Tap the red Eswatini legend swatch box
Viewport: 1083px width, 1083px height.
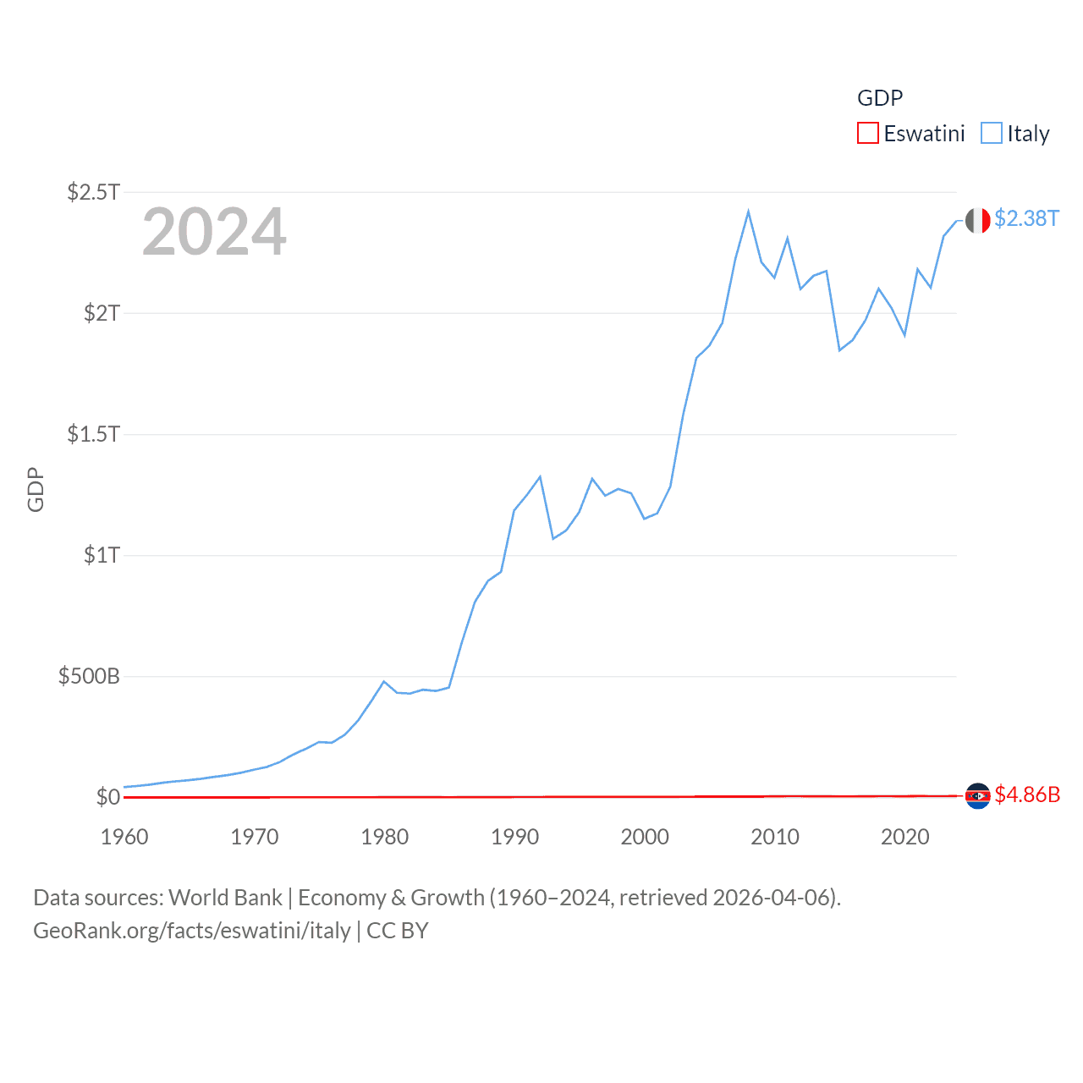868,134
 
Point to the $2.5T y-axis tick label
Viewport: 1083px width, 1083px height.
93,192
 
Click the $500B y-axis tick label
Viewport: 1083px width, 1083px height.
89,676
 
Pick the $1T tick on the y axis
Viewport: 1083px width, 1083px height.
102,555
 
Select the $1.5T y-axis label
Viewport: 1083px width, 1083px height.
93,434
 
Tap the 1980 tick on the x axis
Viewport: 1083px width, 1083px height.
385,837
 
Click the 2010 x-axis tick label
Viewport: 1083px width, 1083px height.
775,837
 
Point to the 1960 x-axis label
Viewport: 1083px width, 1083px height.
124,837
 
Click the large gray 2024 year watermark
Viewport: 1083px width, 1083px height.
214,232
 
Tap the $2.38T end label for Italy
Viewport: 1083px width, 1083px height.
1026,218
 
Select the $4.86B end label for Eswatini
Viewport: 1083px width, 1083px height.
1027,794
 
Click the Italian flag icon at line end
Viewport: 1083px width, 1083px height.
977,220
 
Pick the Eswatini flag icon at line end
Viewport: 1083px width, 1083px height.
977,795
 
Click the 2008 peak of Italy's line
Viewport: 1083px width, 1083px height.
749,212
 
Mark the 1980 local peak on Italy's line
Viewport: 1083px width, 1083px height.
384,681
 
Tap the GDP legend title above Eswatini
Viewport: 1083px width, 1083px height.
880,98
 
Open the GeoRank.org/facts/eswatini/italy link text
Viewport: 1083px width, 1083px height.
192,931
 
